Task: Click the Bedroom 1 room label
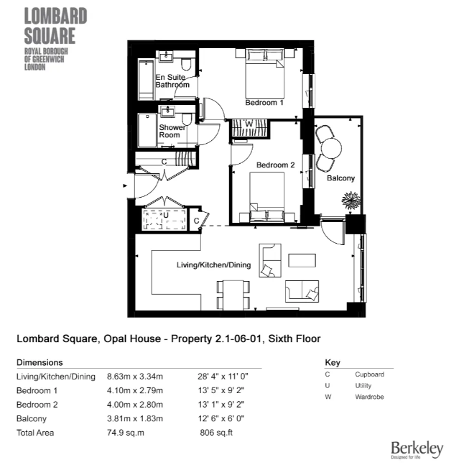(264, 103)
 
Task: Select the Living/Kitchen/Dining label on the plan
(213, 265)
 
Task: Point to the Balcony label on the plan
(340, 178)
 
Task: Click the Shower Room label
(170, 131)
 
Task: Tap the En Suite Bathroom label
(172, 80)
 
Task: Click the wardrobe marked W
(249, 124)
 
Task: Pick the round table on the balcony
(331, 147)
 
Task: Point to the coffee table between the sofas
(302, 259)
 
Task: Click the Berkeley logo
(417, 449)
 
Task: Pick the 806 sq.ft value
(216, 433)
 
